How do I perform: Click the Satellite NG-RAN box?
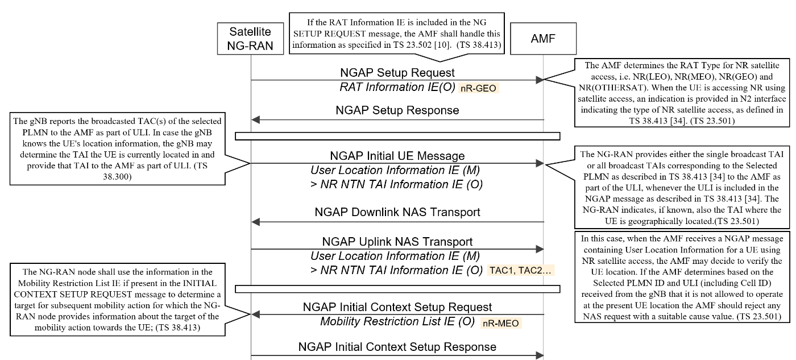click(250, 39)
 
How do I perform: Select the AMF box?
click(543, 39)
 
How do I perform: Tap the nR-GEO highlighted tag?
click(478, 88)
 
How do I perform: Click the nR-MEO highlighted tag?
click(501, 323)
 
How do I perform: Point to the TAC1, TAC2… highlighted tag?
click(521, 271)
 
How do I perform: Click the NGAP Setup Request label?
click(397, 72)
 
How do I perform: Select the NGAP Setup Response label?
click(397, 110)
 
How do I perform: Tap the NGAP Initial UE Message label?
click(397, 156)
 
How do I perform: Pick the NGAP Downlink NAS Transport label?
click(397, 212)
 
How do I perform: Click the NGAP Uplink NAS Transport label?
click(397, 242)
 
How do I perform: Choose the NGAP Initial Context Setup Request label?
click(397, 307)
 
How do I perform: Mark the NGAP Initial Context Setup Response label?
click(397, 347)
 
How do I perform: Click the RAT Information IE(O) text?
click(397, 87)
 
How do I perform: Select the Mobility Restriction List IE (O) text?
click(397, 321)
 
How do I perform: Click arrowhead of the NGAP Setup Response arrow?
click(255, 120)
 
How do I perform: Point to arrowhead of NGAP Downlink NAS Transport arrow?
click(255, 222)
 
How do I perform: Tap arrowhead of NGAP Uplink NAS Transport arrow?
click(540, 249)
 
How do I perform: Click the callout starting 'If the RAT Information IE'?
click(397, 34)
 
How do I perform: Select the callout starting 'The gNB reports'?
click(117, 149)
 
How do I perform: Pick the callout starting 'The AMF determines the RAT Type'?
click(682, 93)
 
